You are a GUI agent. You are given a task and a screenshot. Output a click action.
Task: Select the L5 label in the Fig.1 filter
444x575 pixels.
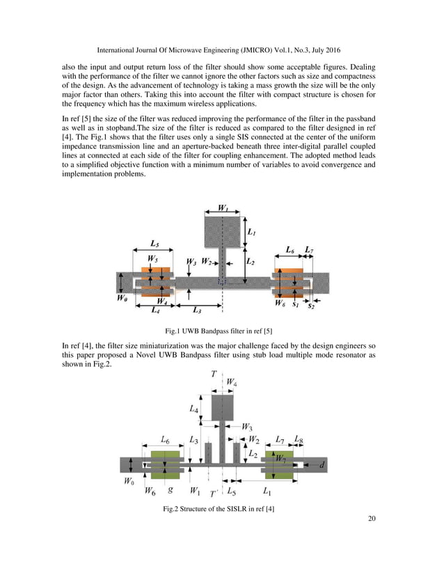pos(157,244)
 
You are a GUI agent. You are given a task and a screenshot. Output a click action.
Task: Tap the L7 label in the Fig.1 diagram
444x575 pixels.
pos(310,250)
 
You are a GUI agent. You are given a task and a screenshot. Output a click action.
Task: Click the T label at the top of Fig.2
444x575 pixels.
pos(213,374)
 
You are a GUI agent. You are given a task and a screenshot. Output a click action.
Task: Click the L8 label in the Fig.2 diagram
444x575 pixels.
pos(298,440)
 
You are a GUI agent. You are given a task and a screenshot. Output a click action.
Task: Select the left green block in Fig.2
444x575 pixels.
pos(165,464)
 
